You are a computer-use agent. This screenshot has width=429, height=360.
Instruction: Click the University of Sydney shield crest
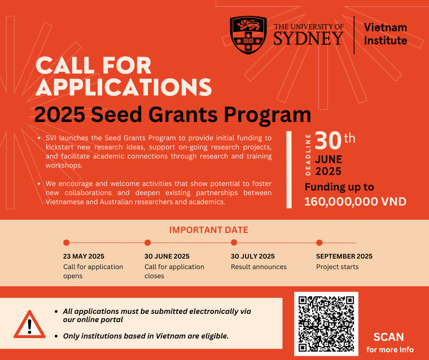click(x=248, y=35)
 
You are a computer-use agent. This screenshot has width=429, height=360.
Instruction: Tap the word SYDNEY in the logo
click(x=308, y=38)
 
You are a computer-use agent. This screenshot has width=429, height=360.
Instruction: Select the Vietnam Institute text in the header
click(x=385, y=34)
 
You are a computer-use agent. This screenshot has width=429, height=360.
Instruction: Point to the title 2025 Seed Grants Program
click(x=173, y=114)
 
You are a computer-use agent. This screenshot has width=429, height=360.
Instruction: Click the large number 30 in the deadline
click(x=328, y=141)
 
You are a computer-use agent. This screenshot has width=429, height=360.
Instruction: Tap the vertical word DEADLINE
click(x=308, y=154)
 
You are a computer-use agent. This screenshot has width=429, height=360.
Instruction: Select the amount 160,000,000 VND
click(x=355, y=201)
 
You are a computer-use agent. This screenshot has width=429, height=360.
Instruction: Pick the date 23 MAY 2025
click(x=84, y=256)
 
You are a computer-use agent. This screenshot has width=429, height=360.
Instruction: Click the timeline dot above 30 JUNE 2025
click(x=147, y=243)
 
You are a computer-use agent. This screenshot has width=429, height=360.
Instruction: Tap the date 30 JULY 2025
click(x=252, y=256)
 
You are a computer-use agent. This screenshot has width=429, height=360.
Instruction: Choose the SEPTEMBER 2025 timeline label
click(x=344, y=256)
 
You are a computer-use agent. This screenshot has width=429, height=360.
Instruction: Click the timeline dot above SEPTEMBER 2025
click(x=319, y=243)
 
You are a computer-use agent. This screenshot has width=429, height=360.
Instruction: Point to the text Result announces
click(x=258, y=267)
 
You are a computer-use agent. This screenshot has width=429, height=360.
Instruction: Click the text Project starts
click(x=337, y=267)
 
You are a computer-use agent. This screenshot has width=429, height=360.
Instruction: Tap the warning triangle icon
click(x=30, y=324)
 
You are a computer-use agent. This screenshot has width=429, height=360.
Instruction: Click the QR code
click(x=326, y=323)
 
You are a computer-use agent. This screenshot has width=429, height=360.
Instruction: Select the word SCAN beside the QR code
click(x=388, y=337)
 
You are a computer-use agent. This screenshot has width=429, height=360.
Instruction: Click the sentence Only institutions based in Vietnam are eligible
click(x=146, y=336)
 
